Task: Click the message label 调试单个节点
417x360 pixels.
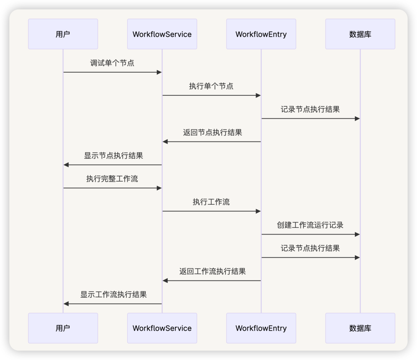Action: [112, 63]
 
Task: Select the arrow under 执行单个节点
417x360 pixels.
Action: [212, 95]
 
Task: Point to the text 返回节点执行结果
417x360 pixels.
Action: [212, 132]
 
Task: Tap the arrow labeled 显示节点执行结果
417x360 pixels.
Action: [112, 165]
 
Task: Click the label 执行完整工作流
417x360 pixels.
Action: [112, 179]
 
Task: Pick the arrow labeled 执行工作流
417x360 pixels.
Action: [212, 211]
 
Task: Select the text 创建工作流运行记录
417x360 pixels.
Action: [310, 225]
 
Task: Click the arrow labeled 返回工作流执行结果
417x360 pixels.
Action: [212, 281]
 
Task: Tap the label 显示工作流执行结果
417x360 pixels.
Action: [114, 295]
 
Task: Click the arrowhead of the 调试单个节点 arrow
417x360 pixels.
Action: [159, 72]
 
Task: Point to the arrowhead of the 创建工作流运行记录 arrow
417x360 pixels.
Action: [357, 234]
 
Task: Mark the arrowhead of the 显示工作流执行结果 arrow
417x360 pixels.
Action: [66, 304]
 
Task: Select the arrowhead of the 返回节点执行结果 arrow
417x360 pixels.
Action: [165, 142]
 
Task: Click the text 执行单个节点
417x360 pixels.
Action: [211, 86]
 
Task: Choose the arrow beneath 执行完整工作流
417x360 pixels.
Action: [112, 188]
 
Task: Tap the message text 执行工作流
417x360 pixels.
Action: [211, 202]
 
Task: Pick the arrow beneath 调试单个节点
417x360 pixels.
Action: [112, 72]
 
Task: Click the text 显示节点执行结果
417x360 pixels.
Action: [114, 156]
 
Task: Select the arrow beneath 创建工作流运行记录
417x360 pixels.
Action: [310, 234]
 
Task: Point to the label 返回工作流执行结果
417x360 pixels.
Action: [212, 272]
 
